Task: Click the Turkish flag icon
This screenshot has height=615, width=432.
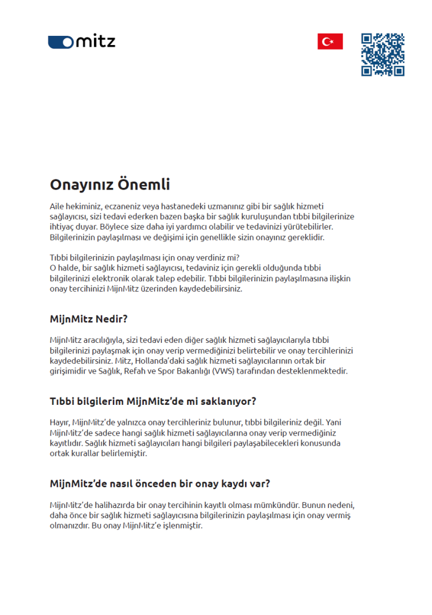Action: point(330,42)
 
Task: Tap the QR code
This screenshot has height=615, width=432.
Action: point(382,55)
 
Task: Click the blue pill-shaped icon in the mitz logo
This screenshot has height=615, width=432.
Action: point(61,42)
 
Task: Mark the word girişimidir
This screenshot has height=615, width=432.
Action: point(74,371)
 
